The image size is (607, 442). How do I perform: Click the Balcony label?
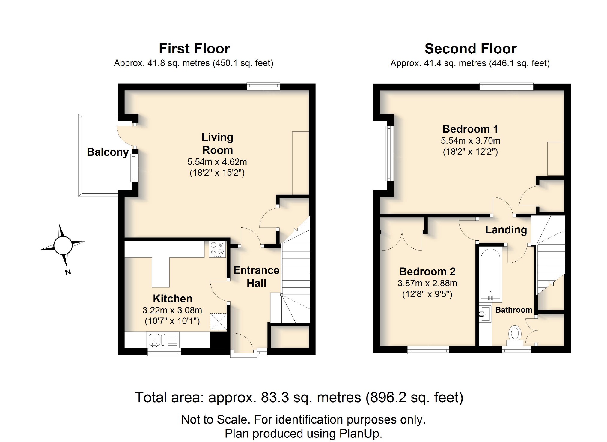coord(108,152)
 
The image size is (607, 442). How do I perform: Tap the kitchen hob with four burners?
coord(217,249)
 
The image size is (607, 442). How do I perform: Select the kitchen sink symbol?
coord(157,340)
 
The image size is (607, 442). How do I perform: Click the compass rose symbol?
coord(63,245)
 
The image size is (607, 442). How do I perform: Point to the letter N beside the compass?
coord(68,272)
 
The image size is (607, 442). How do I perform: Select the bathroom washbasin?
coord(485,314)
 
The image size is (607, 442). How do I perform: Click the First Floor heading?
coord(194,49)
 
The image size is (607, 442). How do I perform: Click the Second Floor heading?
coord(470,49)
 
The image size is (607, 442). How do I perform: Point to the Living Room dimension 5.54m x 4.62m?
coord(217,162)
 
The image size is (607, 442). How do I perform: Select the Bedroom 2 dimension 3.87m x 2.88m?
coord(427,283)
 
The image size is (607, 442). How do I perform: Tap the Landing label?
coord(506,230)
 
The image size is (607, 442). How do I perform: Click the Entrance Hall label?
coord(256,277)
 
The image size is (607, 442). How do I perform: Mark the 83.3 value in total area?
coord(275,398)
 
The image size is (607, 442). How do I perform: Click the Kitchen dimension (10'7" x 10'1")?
coord(172,321)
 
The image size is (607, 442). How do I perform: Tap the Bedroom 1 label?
coord(470,129)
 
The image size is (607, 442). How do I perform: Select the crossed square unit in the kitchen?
coord(218,322)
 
